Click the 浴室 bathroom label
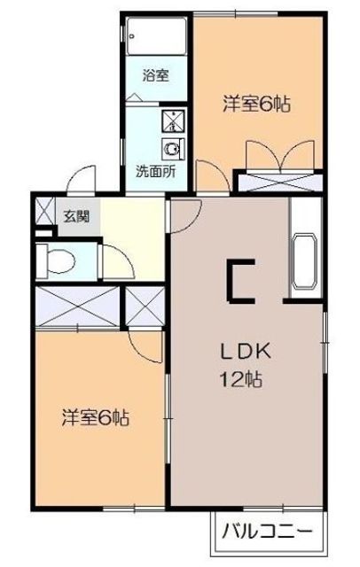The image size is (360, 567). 155,76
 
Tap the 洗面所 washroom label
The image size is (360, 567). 155,172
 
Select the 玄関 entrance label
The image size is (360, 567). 76,216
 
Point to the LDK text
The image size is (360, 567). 246,351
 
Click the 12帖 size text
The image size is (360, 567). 240,379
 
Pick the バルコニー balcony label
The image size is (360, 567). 267,532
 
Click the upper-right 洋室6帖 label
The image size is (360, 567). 256,104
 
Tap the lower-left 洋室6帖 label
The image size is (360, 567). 96,418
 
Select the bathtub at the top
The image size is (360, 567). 157,36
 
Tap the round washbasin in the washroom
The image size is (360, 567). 173,149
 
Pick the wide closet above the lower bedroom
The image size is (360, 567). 77,307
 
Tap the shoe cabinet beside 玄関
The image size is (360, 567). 45,211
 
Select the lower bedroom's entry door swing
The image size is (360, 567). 145,347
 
